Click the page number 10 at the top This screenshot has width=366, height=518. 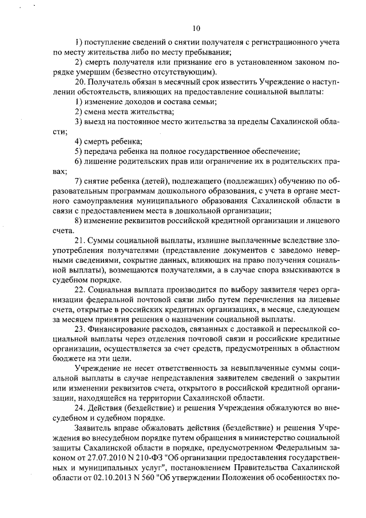tap(196, 27)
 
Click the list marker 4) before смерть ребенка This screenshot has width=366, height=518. tap(79, 141)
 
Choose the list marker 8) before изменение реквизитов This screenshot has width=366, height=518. tap(79, 220)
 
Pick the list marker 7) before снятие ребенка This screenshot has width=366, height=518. tap(79, 181)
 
